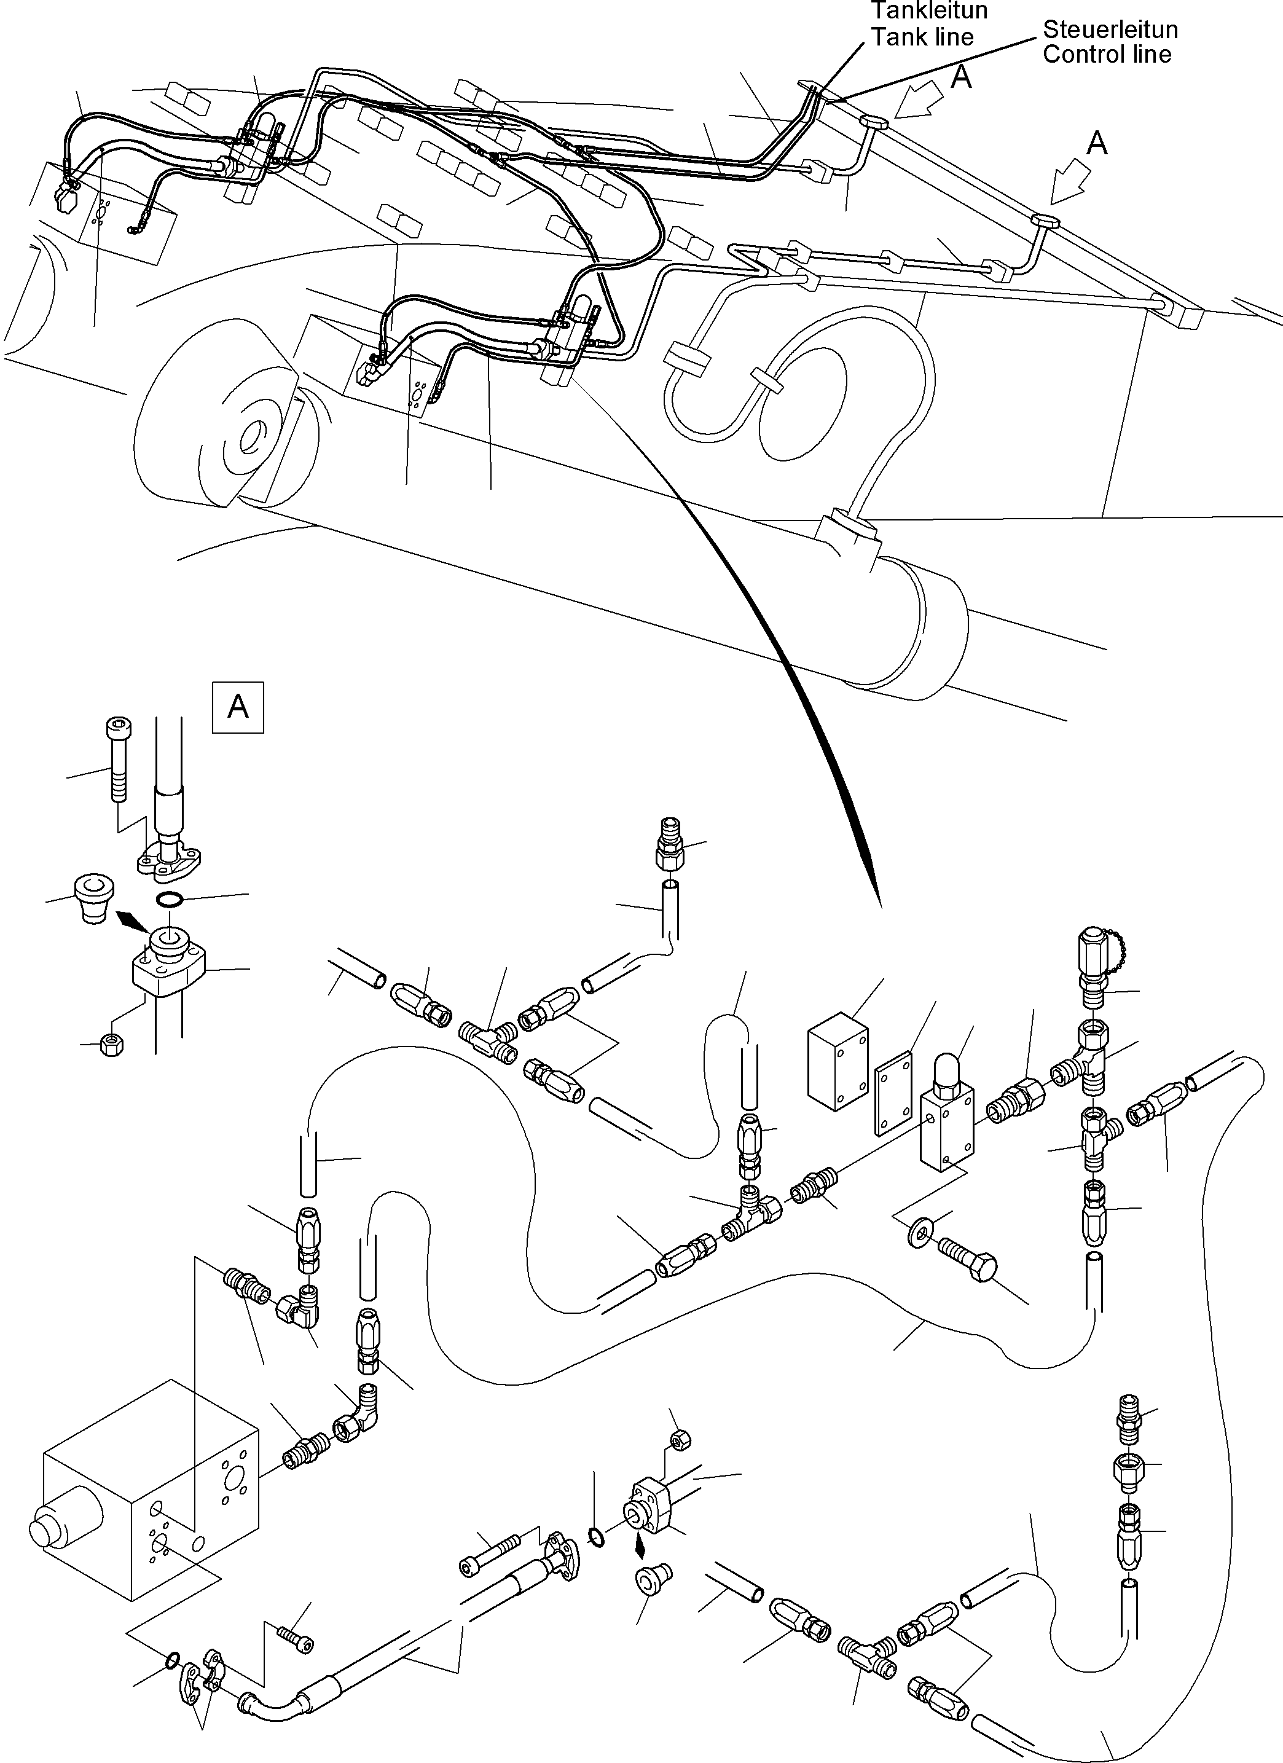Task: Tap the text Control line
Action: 1107,55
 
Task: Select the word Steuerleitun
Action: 1110,29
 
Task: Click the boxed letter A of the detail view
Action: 238,707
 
